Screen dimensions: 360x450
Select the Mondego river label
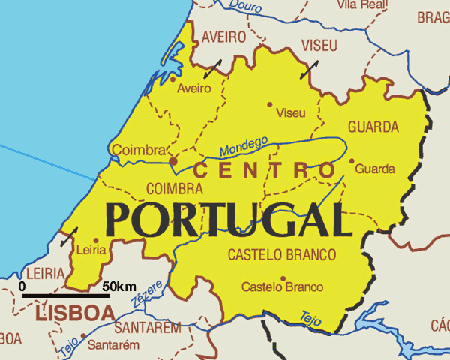[x=244, y=146]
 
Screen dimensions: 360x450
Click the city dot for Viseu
[x=270, y=104]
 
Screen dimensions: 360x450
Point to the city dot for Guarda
[x=352, y=160]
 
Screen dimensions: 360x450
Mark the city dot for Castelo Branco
[x=283, y=278]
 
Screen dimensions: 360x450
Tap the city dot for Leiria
[x=95, y=241]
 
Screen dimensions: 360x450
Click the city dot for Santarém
[x=82, y=336]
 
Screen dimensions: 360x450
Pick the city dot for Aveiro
[x=173, y=78]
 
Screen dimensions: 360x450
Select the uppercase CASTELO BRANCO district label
[x=281, y=255]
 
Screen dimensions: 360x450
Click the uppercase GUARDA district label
[x=373, y=127]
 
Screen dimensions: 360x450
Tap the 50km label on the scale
[x=119, y=286]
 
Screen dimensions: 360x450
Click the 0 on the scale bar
[x=22, y=286]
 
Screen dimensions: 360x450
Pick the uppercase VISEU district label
[x=320, y=46]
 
